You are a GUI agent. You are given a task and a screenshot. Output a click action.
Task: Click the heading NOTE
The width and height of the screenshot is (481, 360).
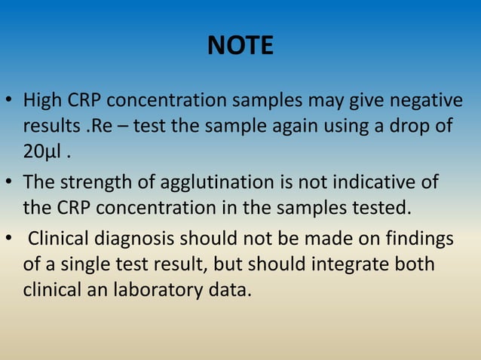tap(240, 47)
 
